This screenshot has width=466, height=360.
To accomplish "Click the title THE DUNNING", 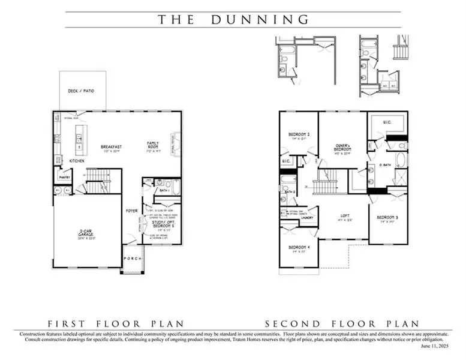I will tap(233, 19).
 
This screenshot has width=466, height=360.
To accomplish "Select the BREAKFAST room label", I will tap(112, 146).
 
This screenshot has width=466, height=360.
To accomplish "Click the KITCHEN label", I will tap(76, 161).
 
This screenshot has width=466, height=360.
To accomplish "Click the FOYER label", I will tap(131, 211).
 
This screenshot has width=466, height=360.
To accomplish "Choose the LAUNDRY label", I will tap(308, 218).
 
